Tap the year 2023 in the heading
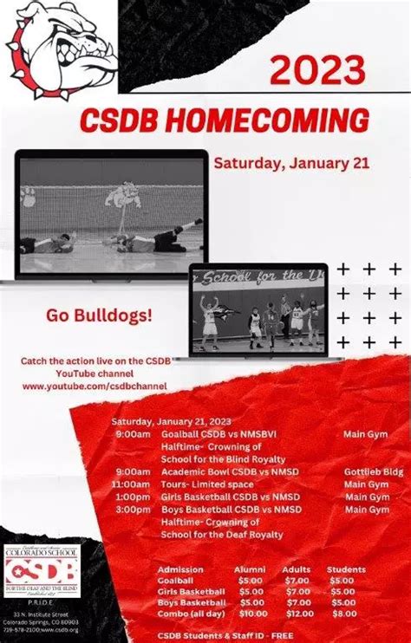pos(316,69)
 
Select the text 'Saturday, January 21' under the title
pos(278,162)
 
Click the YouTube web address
pos(95,386)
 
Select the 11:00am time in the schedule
pos(131,484)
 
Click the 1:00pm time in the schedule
pos(133,497)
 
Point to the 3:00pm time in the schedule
pos(133,510)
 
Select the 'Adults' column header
pos(297,569)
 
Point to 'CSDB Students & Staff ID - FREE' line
pos(225,635)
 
